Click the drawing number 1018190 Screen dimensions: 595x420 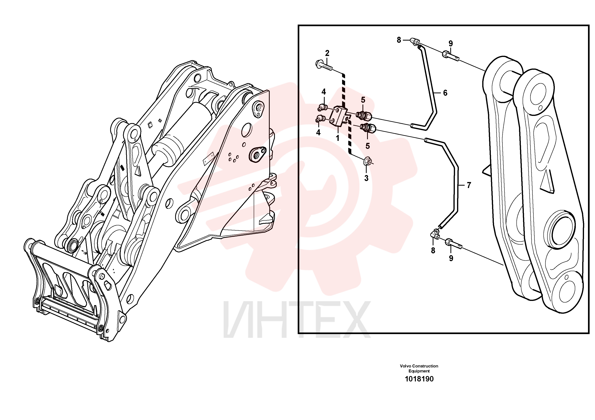coord(419,379)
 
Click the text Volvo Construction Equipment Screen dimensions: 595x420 coord(419,368)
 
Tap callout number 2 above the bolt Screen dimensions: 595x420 coord(327,53)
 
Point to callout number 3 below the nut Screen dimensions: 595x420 coord(366,178)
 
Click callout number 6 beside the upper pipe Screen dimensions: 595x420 coord(445,93)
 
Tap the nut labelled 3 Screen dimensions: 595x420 coord(367,161)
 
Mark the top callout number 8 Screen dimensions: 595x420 coord(399,40)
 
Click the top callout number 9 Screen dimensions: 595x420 coord(451,44)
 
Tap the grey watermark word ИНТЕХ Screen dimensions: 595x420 coord(297,320)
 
